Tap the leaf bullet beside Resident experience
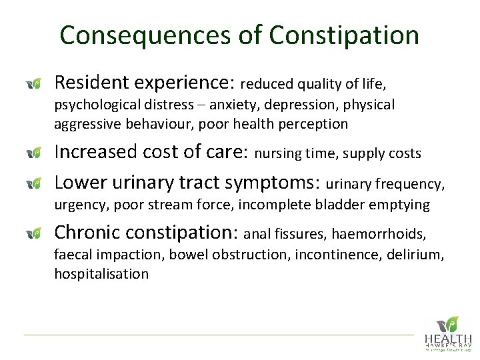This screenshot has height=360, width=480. pyautogui.click(x=34, y=83)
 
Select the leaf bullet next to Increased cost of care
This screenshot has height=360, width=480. pyautogui.click(x=34, y=153)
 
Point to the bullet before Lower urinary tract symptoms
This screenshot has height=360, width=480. pyautogui.click(x=34, y=183)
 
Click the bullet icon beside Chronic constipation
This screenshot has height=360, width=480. pyautogui.click(x=34, y=233)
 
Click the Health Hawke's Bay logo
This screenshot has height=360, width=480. pyautogui.click(x=447, y=333)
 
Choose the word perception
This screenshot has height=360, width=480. pyautogui.click(x=312, y=124)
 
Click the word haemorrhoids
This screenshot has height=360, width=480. pyautogui.click(x=379, y=234)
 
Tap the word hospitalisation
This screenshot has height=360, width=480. pyautogui.click(x=101, y=274)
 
